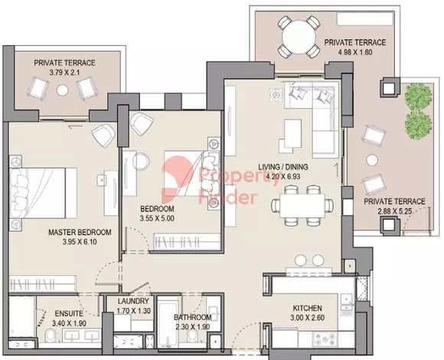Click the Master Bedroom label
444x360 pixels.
(80, 232)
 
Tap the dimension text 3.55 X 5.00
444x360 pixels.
(157, 218)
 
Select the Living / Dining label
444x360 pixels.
(283, 167)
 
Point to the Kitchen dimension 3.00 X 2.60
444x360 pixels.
(307, 318)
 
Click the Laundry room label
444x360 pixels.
(133, 301)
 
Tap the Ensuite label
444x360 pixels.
(69, 313)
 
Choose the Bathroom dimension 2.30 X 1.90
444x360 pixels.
(193, 327)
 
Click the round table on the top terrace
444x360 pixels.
(299, 37)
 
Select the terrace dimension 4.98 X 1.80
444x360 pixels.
(354, 52)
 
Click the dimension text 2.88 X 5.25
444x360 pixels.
(394, 211)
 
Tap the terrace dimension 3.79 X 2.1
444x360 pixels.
(64, 72)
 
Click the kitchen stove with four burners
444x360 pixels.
(325, 339)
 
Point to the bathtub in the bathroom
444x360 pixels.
(168, 322)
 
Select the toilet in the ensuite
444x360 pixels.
(51, 337)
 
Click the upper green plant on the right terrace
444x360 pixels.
(418, 97)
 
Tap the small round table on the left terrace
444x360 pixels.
(62, 90)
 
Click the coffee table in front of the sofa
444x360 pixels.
(292, 133)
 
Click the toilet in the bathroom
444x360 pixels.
(192, 337)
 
